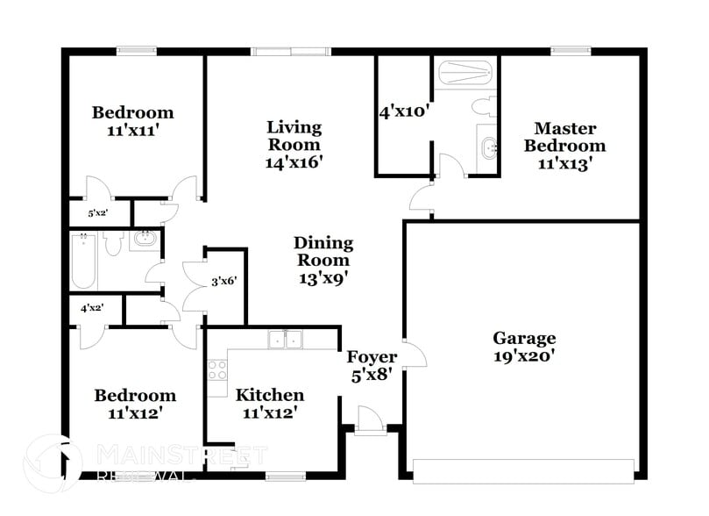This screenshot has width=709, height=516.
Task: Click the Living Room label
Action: [294, 136]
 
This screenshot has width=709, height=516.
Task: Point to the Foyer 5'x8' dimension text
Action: [372, 374]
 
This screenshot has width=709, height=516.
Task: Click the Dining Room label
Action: [323, 251]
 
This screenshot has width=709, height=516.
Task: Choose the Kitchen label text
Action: [270, 395]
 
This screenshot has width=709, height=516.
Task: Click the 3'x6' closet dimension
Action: [224, 283]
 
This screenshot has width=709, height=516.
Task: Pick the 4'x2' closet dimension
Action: [92, 309]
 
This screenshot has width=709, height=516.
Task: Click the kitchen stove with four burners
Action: [216, 370]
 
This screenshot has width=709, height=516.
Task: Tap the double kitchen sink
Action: [285, 340]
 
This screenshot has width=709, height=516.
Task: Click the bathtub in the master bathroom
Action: [464, 72]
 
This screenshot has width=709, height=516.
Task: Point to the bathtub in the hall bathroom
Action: [83, 261]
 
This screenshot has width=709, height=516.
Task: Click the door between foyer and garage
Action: [414, 354]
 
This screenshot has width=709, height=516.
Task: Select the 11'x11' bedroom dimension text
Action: [133, 129]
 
